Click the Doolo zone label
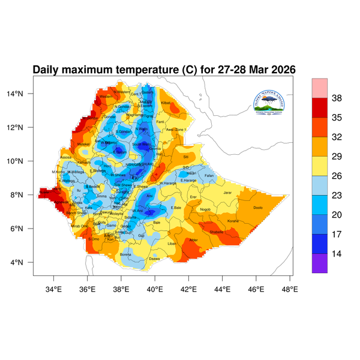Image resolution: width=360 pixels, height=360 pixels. [x=258, y=208]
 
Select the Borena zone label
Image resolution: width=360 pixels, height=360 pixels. [x=126, y=254]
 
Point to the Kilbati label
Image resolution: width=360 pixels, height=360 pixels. [x=166, y=103]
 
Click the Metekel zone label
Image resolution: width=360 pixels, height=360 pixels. [x=83, y=144]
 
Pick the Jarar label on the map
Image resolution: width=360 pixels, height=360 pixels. [x=227, y=193]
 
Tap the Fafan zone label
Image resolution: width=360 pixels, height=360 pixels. [x=209, y=176]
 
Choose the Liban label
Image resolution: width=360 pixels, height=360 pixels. [x=172, y=244]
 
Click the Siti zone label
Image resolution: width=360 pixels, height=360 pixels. [x=185, y=156]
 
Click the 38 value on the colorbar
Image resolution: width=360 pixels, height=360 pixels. [x=337, y=98]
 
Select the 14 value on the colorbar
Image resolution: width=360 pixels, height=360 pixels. [x=337, y=254]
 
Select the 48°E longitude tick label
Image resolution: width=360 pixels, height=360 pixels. [x=290, y=288]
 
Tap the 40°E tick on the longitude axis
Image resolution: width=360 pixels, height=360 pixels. [x=155, y=288]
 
